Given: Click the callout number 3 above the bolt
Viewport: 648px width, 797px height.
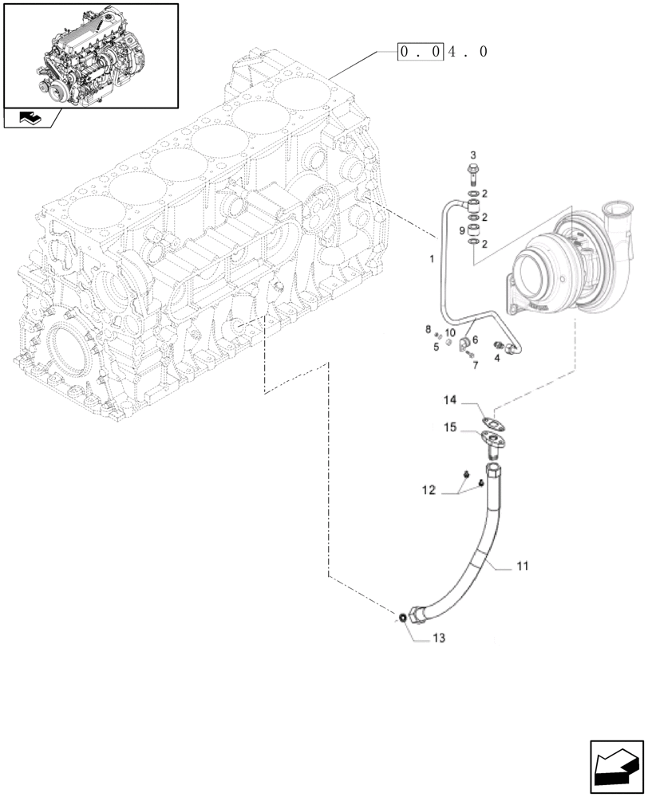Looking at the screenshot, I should [472, 155].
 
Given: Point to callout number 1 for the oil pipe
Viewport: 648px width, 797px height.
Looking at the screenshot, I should [431, 259].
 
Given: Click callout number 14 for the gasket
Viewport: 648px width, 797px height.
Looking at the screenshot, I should [450, 399].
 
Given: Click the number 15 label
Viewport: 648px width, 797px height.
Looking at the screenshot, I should [450, 429].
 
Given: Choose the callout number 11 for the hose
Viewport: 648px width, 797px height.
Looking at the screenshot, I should [522, 567].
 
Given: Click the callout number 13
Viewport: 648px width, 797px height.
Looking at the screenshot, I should [440, 638].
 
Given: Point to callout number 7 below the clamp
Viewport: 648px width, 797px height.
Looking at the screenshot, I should [474, 365].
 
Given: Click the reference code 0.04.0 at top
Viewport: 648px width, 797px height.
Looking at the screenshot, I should [443, 52].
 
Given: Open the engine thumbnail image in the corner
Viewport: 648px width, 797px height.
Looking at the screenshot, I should [89, 55].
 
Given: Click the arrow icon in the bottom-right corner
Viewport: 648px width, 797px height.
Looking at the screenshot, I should [615, 767].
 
